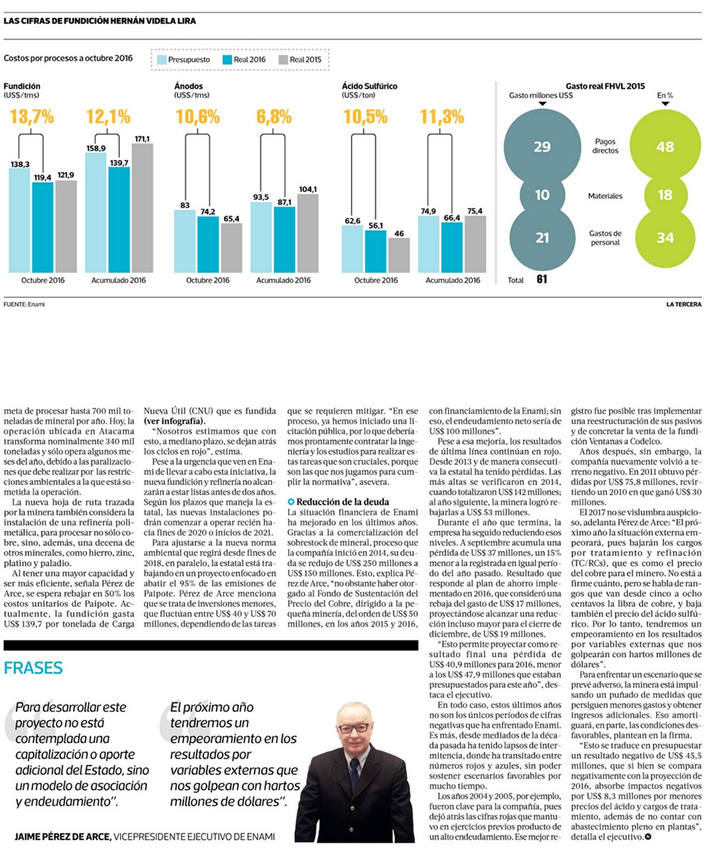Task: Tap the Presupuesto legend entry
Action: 182,60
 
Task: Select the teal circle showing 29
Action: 542,147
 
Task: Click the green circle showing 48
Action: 664,147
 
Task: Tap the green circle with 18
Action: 664,194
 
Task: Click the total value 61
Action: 542,279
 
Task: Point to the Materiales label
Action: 607,194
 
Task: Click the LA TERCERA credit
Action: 683,304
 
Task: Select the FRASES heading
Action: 33,667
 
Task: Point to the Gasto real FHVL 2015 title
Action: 605,86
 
